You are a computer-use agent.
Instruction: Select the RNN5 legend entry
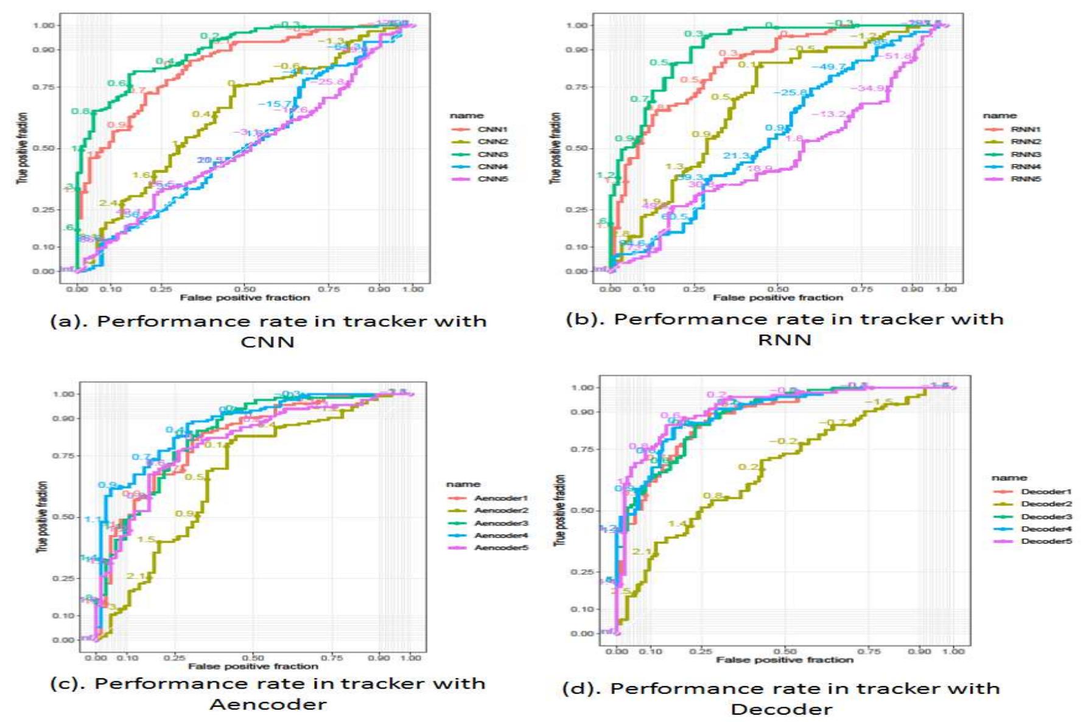[1025, 179]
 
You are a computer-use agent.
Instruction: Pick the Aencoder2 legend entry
[500, 511]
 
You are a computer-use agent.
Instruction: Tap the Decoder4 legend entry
[1045, 529]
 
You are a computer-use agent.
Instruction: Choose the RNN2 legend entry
[1025, 142]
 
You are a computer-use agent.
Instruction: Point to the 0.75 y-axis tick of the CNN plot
[43, 87]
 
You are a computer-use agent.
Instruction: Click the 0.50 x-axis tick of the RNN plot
[777, 289]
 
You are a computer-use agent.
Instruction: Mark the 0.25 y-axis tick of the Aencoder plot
[64, 578]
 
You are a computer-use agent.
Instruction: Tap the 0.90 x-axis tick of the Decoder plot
[919, 651]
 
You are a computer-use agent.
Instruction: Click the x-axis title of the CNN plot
[245, 298]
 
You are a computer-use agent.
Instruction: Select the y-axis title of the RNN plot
[555, 148]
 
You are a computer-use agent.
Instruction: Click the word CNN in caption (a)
[267, 342]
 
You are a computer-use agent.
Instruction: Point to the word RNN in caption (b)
[784, 340]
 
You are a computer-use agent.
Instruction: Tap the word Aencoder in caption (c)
[268, 705]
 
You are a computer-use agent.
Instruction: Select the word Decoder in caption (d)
[781, 709]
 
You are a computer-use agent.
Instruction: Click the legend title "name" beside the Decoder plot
[1009, 478]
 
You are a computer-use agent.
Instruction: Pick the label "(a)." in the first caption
[68, 321]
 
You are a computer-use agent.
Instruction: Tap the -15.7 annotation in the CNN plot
[275, 104]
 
